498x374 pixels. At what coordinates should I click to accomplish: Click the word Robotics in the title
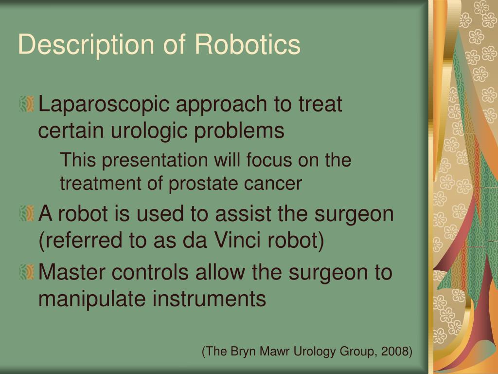pos(248,45)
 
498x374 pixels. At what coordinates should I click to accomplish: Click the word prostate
pos(199,184)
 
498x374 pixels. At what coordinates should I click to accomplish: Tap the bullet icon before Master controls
pos(27,273)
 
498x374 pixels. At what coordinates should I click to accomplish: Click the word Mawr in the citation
pos(273,351)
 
